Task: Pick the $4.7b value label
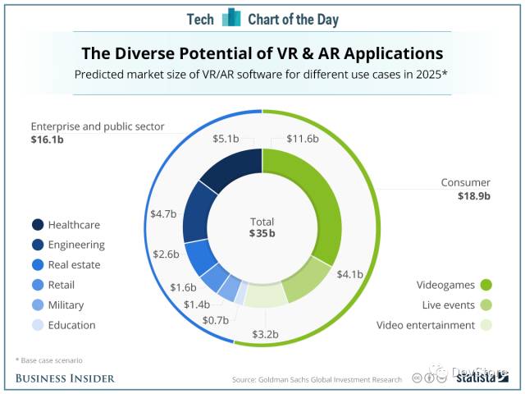coord(163,214)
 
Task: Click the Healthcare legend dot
coord(38,225)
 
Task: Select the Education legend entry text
coord(71,325)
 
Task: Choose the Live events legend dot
coord(486,305)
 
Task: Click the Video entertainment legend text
coord(425,325)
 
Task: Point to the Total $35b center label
coord(262,227)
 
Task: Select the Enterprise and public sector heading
coord(98,127)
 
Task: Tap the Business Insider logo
coord(65,378)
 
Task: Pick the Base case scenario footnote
coord(49,360)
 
